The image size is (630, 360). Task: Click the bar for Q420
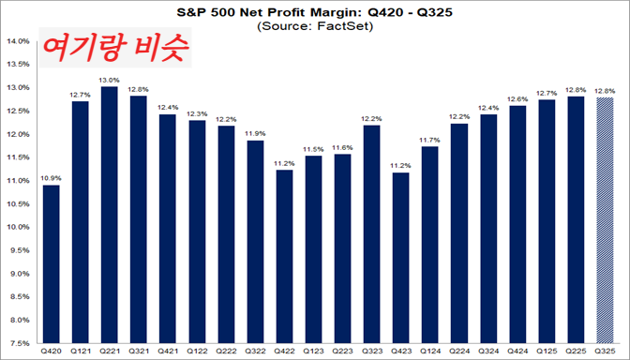pos(52,263)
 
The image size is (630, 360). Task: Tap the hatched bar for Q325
pos(606,219)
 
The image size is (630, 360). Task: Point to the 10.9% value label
pos(52,177)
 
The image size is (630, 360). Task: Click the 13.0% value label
pos(110,80)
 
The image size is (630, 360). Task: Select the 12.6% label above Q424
pos(517,97)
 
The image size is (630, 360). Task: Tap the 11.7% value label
pos(429,139)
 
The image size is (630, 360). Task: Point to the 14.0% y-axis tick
pos(19,41)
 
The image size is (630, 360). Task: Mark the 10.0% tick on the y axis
pos(19,227)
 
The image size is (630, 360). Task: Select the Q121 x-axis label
pos(81,352)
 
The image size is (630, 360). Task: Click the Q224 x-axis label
pos(458,352)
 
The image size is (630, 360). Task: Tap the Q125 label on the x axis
pos(547,352)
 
